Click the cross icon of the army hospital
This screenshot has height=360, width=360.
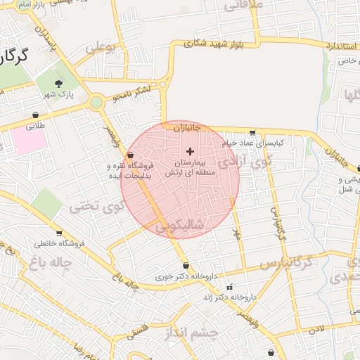coord(190,151)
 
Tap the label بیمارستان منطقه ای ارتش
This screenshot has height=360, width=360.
coord(188,167)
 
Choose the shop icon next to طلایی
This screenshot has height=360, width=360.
coord(35,115)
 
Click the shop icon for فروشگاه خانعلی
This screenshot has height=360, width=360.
coord(59,233)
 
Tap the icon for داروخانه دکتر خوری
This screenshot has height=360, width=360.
coord(186,265)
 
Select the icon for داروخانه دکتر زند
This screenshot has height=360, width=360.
coord(230,288)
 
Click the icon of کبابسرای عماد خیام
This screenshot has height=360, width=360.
coord(252,132)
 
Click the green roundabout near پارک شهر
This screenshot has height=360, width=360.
coord(96,103)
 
